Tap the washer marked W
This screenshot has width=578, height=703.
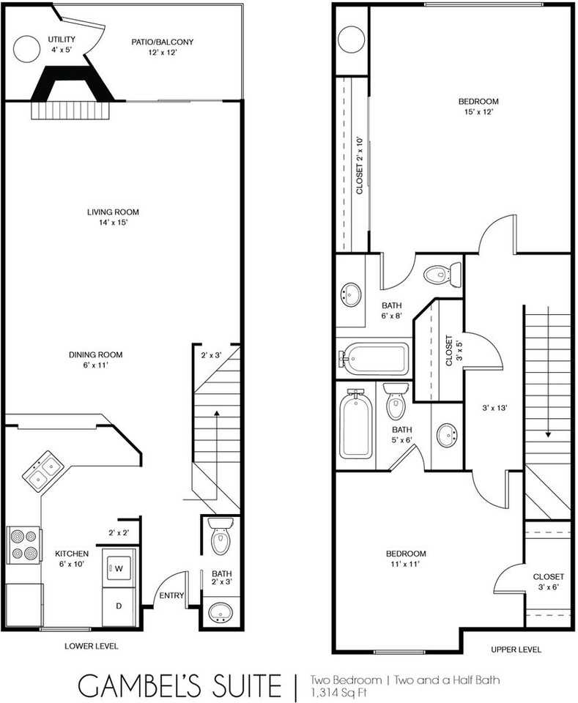tap(117, 567)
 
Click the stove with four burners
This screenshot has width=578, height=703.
tap(23, 546)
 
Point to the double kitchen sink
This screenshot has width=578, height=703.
tap(42, 470)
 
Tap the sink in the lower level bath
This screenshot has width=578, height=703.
tap(219, 612)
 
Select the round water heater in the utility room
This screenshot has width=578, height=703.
tap(27, 49)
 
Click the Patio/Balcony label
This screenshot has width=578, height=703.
tap(163, 42)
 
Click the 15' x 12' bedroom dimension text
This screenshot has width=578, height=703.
tap(478, 112)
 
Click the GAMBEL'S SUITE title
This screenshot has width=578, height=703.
tap(179, 686)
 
